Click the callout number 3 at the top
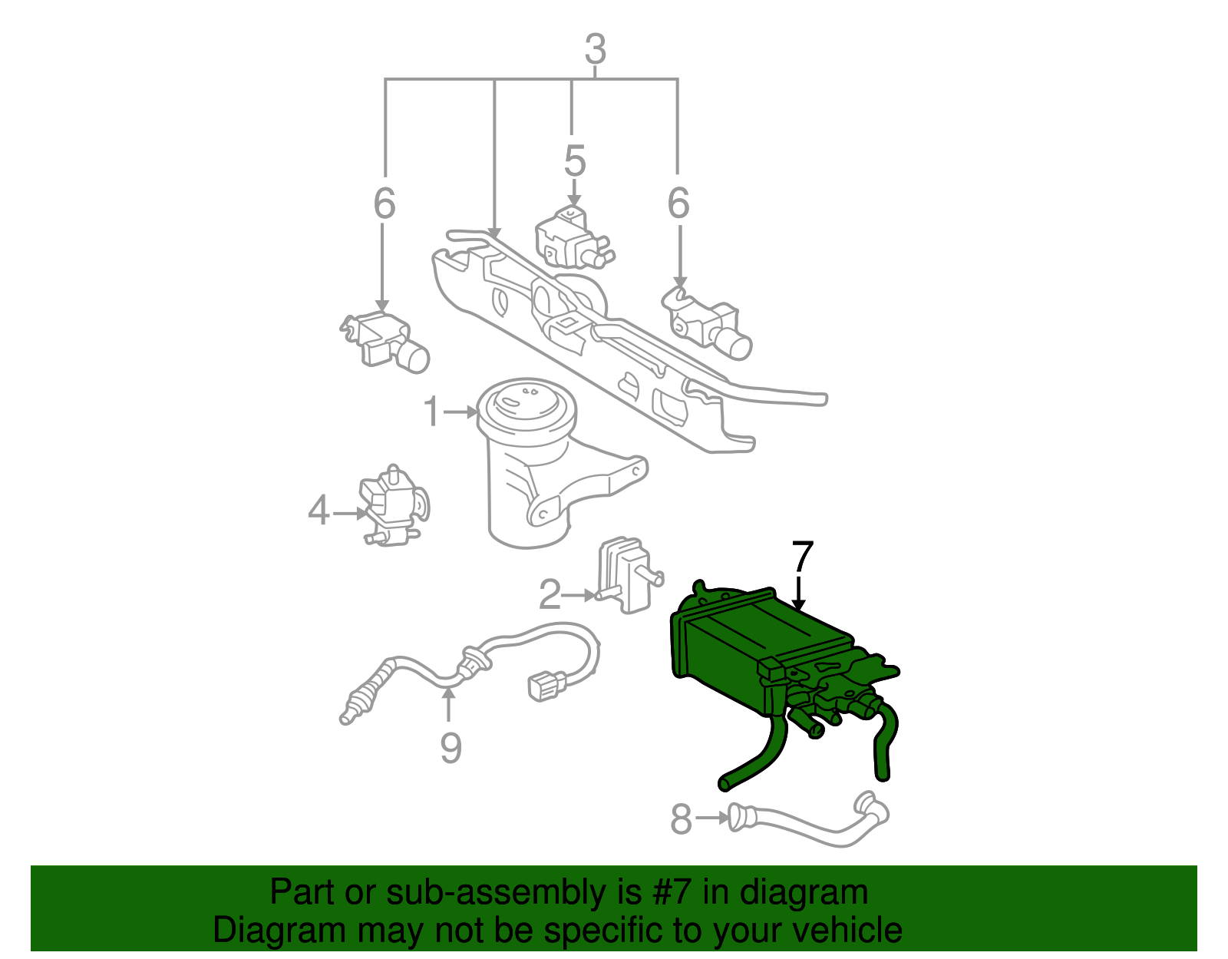point(596,49)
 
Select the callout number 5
point(575,160)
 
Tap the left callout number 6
point(385,203)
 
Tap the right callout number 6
point(678,203)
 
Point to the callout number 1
point(431,412)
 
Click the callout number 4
point(319,511)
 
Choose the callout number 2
point(550,594)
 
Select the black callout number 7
point(803,557)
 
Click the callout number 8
point(681,818)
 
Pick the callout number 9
point(451,748)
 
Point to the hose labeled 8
point(808,821)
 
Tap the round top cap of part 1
point(527,404)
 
